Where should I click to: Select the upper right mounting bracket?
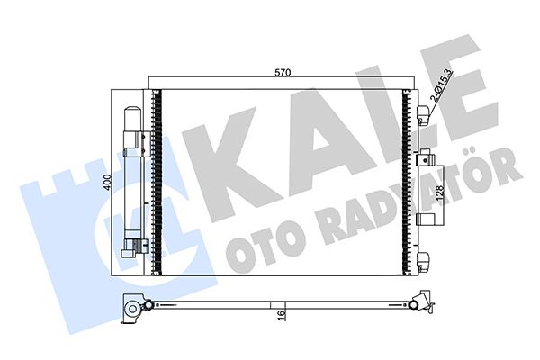coord(424,112)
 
